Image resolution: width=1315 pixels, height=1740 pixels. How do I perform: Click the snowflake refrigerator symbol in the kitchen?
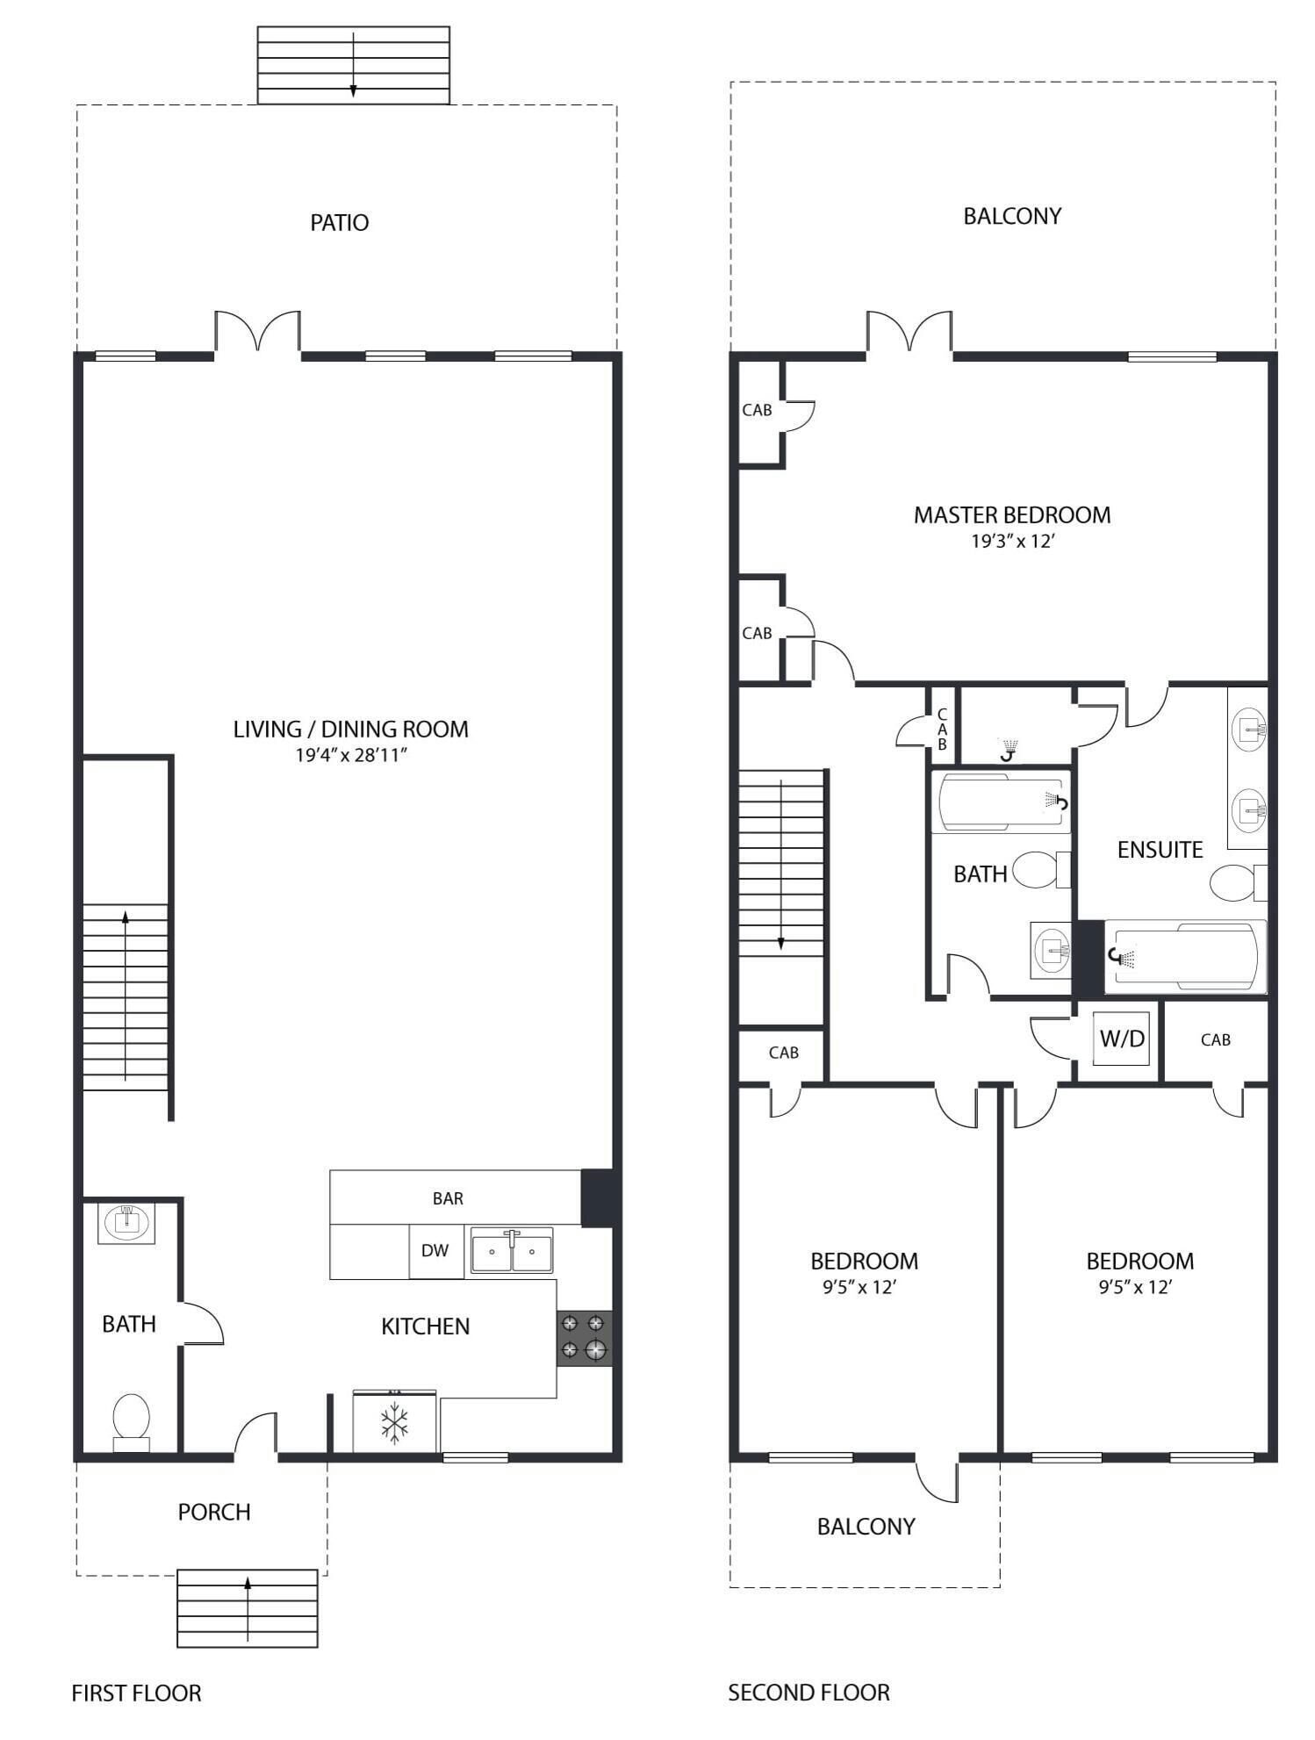(394, 1423)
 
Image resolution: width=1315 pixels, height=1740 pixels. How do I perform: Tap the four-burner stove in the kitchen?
(584, 1338)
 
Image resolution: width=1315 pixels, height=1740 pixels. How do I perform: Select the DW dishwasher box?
(435, 1251)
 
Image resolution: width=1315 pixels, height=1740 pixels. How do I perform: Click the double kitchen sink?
(512, 1250)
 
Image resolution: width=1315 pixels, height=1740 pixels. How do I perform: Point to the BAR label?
(448, 1198)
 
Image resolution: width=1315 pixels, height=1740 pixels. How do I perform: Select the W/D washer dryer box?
(1122, 1039)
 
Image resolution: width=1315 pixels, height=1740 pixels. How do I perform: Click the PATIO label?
(340, 223)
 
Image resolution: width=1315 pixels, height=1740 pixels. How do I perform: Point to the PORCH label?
(214, 1512)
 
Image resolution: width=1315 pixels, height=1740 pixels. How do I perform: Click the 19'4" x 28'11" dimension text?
(351, 755)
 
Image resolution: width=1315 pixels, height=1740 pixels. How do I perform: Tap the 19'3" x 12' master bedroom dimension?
(1012, 541)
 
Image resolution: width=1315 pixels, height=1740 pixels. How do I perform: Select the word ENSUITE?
(1160, 850)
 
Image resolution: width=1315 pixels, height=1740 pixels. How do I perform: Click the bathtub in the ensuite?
(1186, 957)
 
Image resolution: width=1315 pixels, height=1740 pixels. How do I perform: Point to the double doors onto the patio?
(258, 332)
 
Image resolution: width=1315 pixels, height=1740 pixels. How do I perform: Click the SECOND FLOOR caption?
(808, 1693)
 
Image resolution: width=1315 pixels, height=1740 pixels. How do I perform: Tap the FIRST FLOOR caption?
(136, 1693)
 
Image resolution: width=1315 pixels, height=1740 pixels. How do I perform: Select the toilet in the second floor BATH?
(1042, 870)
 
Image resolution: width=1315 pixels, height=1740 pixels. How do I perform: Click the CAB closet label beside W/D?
(1216, 1040)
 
